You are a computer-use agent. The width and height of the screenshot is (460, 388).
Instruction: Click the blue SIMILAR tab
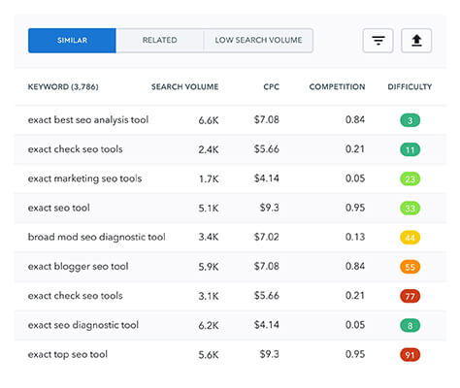click(72, 41)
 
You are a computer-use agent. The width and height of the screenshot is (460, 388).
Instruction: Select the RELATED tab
click(159, 41)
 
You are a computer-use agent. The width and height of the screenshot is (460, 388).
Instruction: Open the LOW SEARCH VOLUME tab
click(258, 41)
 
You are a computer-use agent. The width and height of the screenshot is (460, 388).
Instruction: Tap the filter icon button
click(378, 41)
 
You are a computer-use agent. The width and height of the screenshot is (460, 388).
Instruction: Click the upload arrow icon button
click(416, 41)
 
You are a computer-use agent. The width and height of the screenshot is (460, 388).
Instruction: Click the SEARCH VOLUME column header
click(184, 87)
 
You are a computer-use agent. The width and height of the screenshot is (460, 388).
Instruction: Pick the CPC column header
click(271, 87)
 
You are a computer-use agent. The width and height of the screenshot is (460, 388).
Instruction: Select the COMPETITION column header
click(337, 87)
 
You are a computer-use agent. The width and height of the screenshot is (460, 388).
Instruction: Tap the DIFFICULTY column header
click(410, 87)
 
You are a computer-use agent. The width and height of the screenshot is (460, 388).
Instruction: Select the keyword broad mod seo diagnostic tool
click(96, 237)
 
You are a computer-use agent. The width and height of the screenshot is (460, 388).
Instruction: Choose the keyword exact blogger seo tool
click(78, 266)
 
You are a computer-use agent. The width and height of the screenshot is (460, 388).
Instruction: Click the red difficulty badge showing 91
click(411, 354)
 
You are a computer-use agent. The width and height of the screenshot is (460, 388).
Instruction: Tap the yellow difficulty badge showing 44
click(411, 238)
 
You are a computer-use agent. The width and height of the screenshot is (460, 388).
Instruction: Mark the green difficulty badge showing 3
click(411, 121)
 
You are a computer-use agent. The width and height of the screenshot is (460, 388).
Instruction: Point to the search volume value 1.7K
click(209, 178)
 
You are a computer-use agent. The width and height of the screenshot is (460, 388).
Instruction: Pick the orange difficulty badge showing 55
click(411, 267)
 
